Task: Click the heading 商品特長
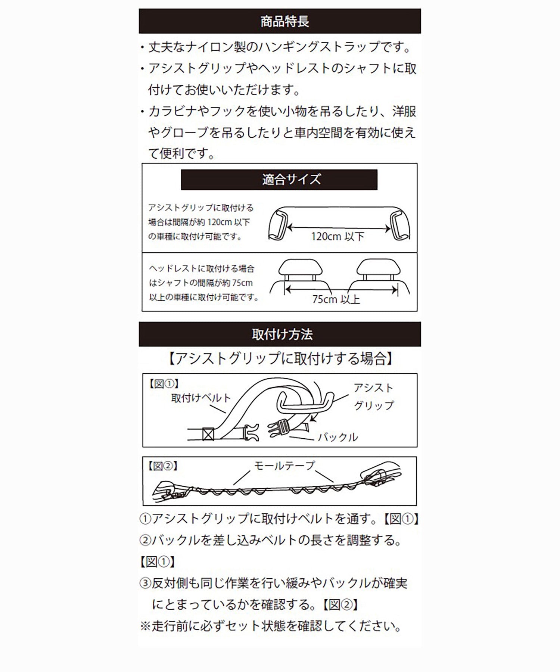click(284, 21)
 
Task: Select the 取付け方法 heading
click(282, 334)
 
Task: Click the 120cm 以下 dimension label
click(337, 236)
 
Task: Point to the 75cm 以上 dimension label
click(336, 299)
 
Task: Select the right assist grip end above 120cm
click(399, 225)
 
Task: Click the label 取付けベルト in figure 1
click(201, 398)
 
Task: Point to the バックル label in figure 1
click(338, 437)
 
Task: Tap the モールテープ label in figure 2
click(284, 466)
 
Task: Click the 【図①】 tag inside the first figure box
click(164, 384)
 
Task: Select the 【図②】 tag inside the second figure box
click(163, 466)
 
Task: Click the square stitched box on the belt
click(208, 434)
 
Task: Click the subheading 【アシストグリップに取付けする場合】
click(280, 359)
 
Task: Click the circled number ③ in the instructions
click(145, 583)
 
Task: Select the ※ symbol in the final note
click(145, 626)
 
